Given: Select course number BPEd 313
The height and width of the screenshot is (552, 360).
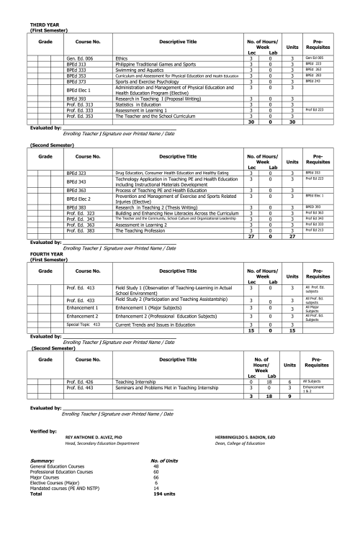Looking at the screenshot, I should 76,63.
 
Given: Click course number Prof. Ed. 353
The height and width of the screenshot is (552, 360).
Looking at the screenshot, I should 79,115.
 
